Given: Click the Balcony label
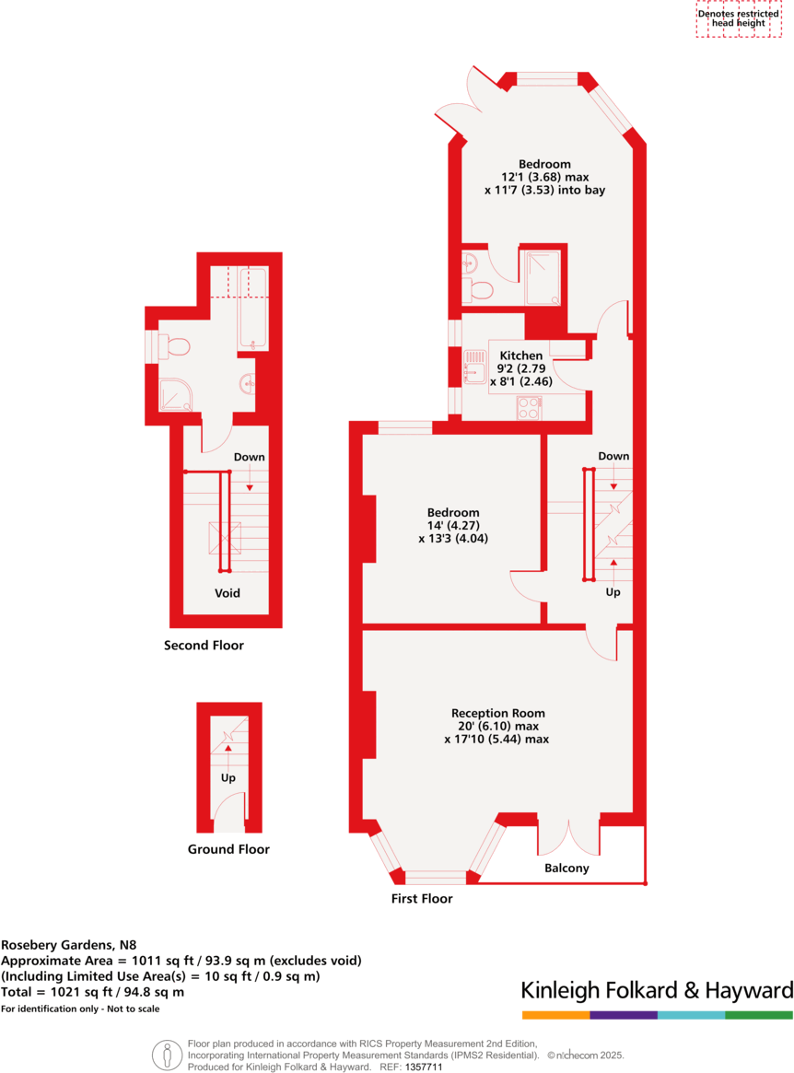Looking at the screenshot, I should point(566,868).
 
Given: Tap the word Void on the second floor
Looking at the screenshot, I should point(228,593).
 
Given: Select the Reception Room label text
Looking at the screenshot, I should point(497,713).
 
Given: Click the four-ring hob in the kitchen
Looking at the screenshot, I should point(529,407).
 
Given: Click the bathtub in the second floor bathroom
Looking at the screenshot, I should point(252,309).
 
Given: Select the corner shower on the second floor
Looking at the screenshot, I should point(174,394).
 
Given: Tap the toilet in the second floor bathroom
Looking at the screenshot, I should point(175,346).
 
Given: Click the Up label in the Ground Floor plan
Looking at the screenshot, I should point(228,777).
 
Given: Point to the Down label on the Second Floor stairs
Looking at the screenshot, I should point(249,457).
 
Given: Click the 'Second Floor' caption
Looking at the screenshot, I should point(204,646).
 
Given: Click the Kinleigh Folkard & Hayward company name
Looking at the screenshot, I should point(656,991).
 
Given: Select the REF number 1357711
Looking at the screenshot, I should point(424,1067).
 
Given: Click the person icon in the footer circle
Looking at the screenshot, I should point(167,1056).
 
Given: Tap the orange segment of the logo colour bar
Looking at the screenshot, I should point(555,1015).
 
